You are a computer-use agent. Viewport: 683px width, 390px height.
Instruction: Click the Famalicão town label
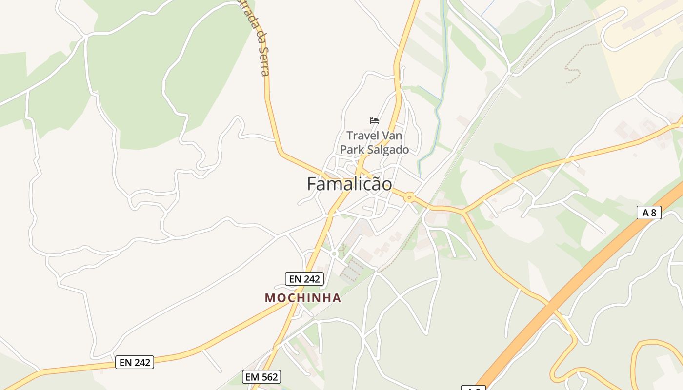tap(349, 184)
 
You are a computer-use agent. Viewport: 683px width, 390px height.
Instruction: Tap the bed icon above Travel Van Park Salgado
tap(374, 121)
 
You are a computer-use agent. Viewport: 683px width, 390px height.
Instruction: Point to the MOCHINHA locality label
tap(302, 298)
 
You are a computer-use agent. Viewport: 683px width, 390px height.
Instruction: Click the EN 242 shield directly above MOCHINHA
tap(304, 279)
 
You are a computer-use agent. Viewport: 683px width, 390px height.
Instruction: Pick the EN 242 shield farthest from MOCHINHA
tap(135, 362)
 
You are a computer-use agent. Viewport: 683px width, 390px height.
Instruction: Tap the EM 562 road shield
tap(261, 377)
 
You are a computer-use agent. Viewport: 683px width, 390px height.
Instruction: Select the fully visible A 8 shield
tap(649, 212)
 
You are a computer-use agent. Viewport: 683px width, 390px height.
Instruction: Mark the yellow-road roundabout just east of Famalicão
tap(409, 197)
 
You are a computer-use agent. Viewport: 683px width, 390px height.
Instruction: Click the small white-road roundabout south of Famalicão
tap(334, 254)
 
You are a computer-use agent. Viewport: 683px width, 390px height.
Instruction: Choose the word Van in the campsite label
tap(391, 136)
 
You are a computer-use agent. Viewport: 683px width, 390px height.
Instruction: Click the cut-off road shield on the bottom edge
tap(473, 388)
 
